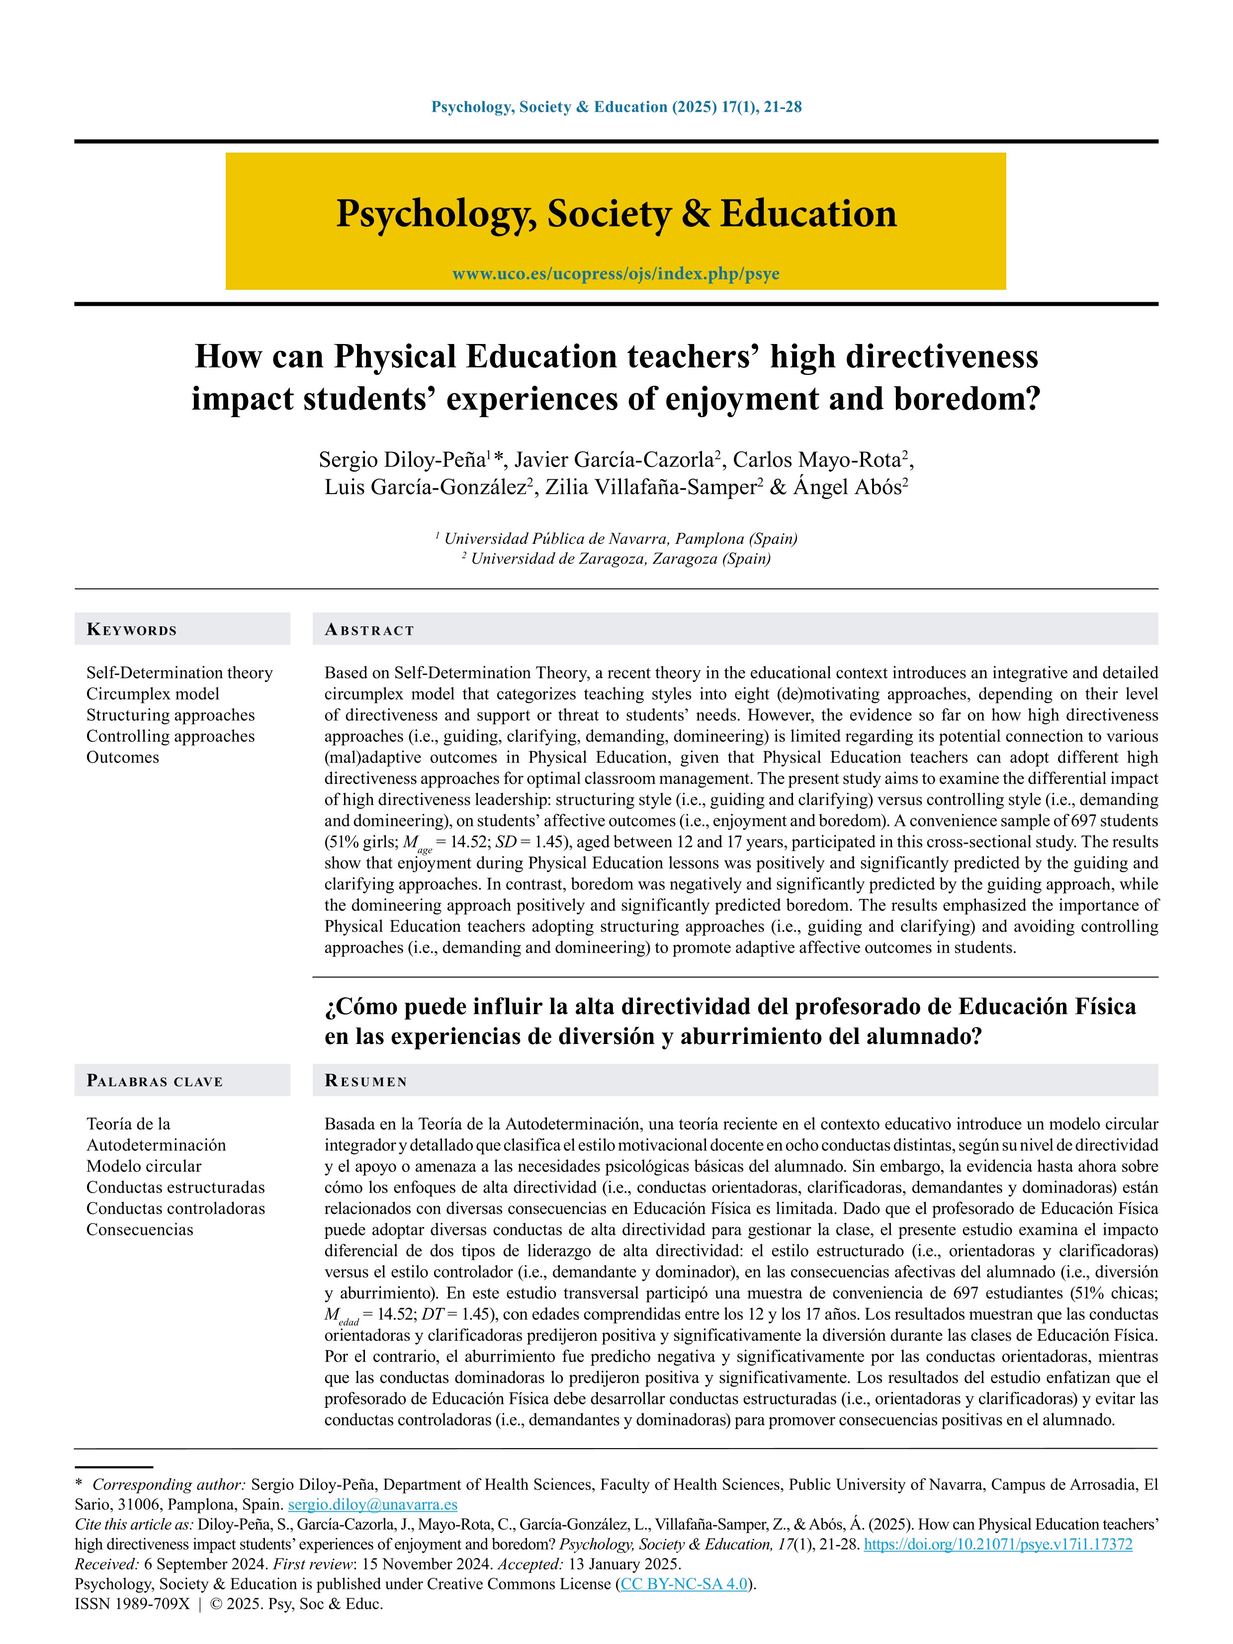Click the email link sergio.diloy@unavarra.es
pos(372,1505)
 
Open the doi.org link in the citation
pos(997,1545)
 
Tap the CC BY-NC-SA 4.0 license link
pos(684,1584)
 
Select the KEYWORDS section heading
pos(132,629)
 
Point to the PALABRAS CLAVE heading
pos(155,1081)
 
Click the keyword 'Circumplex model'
pos(153,693)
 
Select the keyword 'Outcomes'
pos(123,757)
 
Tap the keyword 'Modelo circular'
pos(144,1166)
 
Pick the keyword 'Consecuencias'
pos(140,1229)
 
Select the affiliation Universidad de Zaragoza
pos(620,558)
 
